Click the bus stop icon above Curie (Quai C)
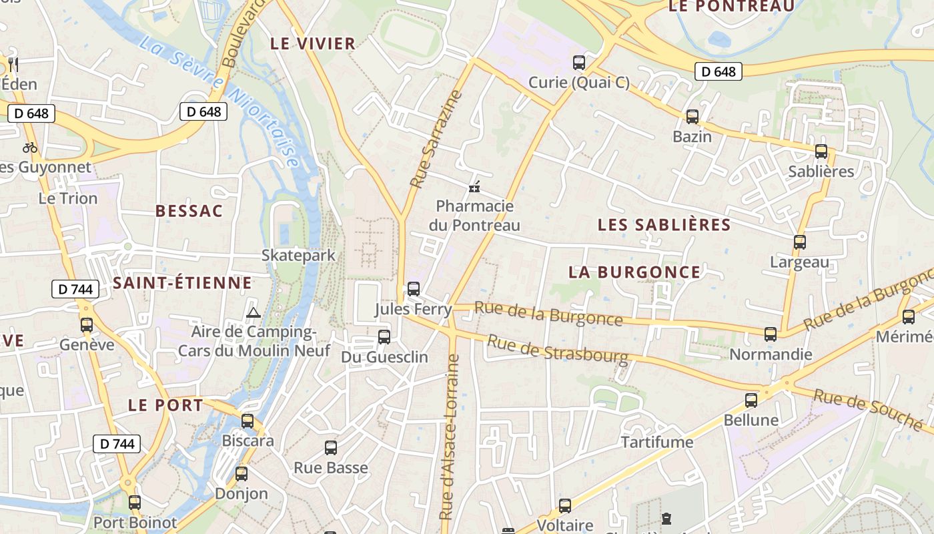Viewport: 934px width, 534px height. click(x=579, y=63)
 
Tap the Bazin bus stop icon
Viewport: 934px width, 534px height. click(x=692, y=117)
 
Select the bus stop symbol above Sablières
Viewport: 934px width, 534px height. click(x=821, y=152)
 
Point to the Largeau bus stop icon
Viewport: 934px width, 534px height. click(x=799, y=242)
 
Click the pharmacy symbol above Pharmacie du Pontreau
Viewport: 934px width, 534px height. click(x=474, y=188)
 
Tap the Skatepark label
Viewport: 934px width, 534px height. click(x=298, y=255)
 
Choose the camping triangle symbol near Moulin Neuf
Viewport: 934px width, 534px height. click(x=253, y=312)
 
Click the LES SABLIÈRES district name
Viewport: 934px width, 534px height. click(x=664, y=224)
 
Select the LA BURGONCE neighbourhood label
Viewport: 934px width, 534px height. click(x=634, y=272)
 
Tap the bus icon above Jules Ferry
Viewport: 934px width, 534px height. click(x=414, y=289)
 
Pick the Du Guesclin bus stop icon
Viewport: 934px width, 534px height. click(x=384, y=337)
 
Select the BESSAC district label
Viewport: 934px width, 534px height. click(x=189, y=211)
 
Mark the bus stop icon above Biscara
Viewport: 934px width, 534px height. click(x=248, y=421)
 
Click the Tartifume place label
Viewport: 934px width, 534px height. click(x=657, y=442)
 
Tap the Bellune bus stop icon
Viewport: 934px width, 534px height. click(x=751, y=400)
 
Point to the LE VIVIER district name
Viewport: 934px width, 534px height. click(x=312, y=44)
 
